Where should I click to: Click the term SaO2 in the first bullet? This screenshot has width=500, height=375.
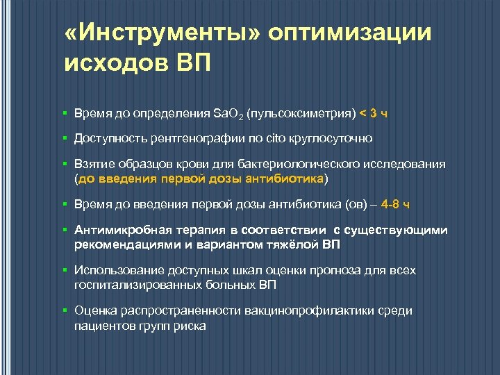tap(226, 113)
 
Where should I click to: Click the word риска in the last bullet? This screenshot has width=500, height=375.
tap(188, 324)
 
